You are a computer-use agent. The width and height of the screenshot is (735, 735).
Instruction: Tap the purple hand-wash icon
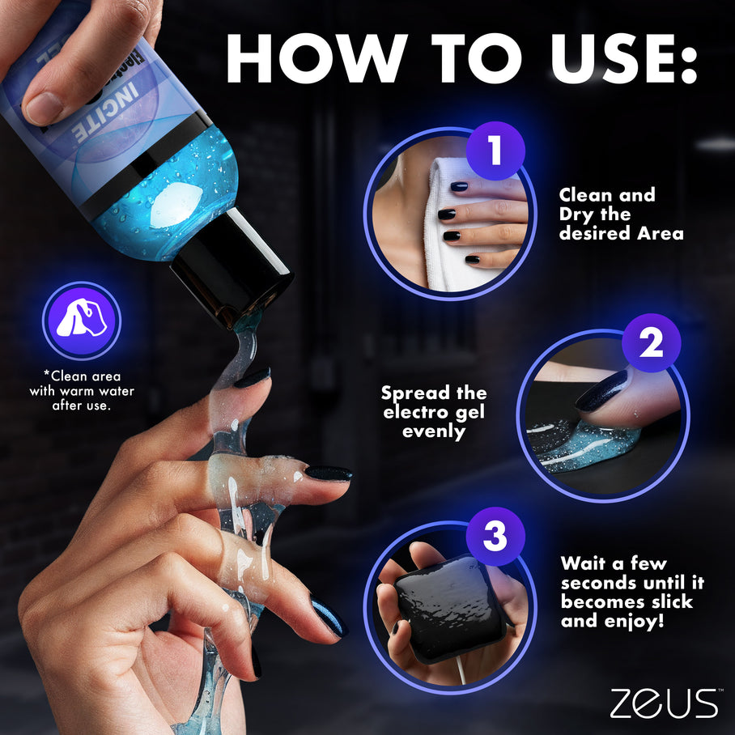point(81,321)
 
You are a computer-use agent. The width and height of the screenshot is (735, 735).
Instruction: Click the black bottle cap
point(234,269)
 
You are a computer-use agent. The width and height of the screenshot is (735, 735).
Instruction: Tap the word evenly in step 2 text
point(435,431)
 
